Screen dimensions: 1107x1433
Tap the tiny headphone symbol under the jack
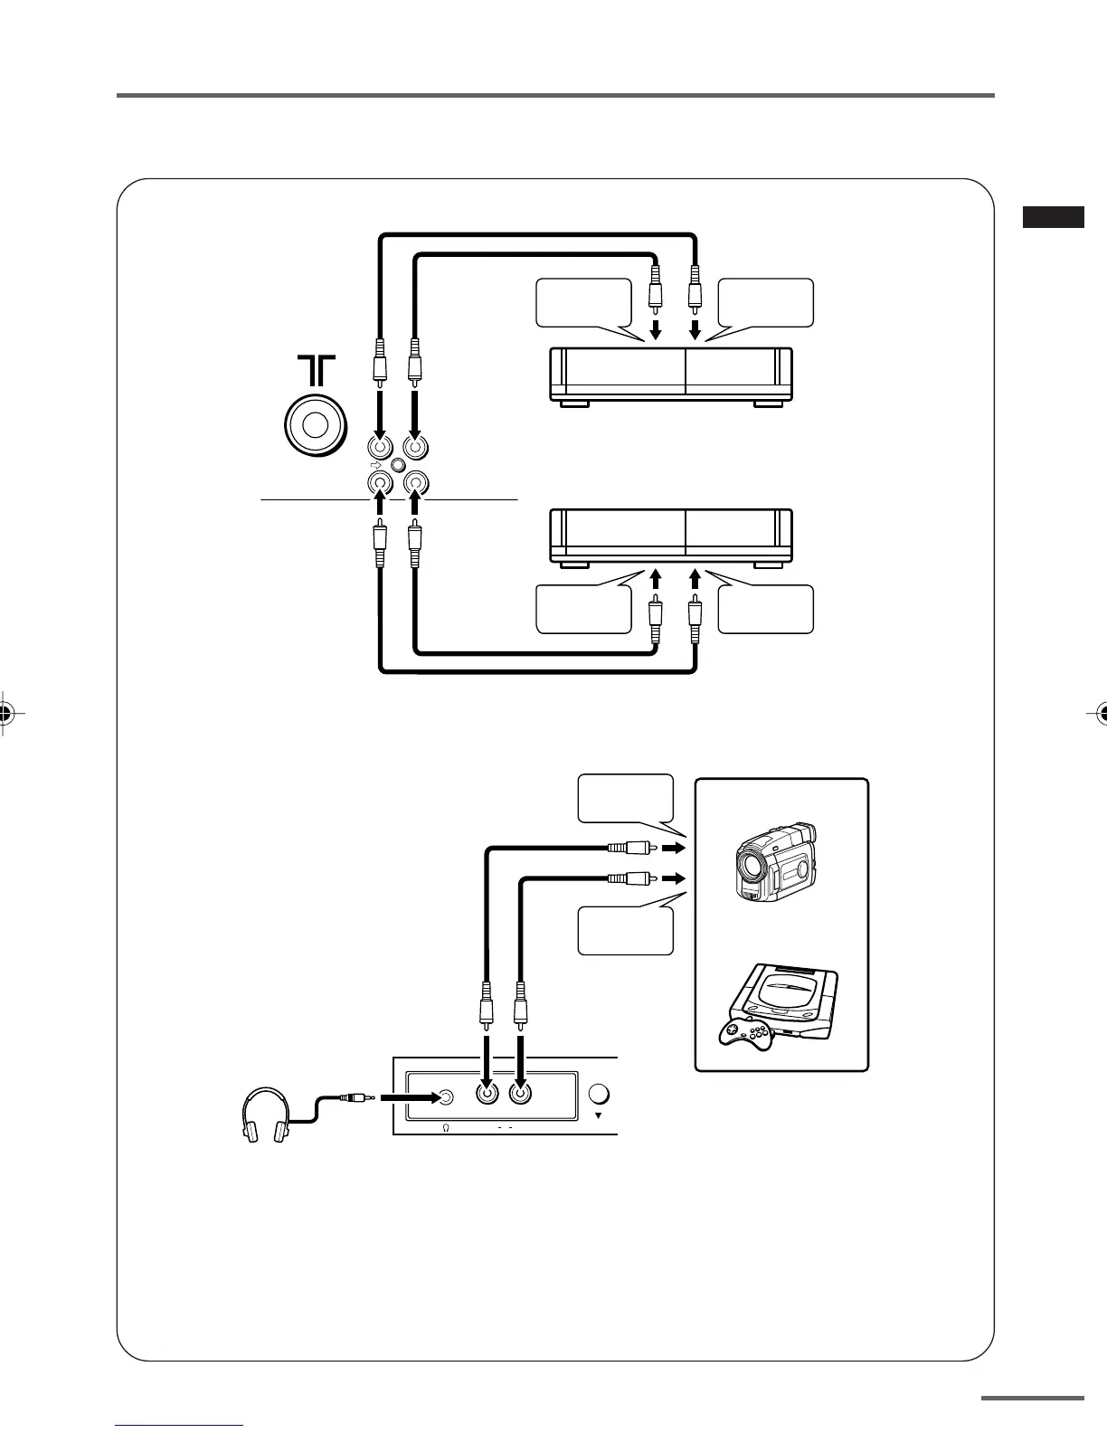pyautogui.click(x=447, y=1129)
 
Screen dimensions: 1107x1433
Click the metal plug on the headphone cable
pyautogui.click(x=354, y=1097)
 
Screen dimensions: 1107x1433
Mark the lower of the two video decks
pyautogui.click(x=671, y=537)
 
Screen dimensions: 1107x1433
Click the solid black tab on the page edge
pyautogui.click(x=1054, y=217)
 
